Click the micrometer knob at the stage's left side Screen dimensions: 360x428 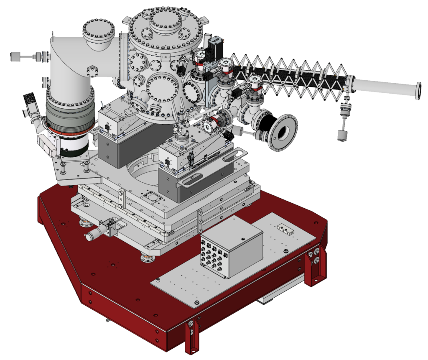(91, 236)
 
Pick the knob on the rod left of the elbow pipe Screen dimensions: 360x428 (15, 55)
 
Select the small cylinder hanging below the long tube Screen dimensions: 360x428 (342, 135)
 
